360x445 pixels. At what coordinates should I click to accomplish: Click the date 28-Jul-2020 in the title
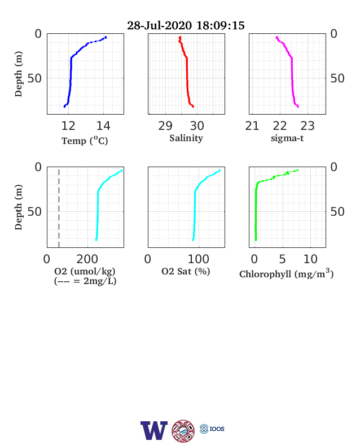(159, 25)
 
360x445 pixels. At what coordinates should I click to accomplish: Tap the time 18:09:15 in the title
(220, 25)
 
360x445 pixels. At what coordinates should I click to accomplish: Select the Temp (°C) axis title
(85, 141)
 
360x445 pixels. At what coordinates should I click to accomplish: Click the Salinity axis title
(186, 138)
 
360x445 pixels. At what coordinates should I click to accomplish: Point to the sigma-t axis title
(287, 138)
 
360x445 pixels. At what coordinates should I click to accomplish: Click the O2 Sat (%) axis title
(186, 271)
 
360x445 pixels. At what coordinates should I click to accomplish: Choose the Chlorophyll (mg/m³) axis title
(286, 273)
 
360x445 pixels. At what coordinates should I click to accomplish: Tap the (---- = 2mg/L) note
(85, 281)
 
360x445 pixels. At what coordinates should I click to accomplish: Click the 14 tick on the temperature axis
(103, 126)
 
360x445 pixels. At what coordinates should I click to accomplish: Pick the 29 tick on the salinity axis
(165, 126)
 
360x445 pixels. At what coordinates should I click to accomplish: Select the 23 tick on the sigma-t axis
(308, 126)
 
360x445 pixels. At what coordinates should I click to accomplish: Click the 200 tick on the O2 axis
(87, 259)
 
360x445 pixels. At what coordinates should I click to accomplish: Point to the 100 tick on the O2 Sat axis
(199, 259)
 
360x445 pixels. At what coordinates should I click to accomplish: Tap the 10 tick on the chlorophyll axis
(310, 259)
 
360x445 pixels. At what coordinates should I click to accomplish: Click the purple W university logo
(154, 430)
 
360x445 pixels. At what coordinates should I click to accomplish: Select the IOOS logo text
(217, 429)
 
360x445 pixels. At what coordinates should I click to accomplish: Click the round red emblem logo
(183, 431)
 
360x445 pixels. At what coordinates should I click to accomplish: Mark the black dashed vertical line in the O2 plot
(59, 208)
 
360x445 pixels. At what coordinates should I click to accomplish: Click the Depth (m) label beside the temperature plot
(19, 74)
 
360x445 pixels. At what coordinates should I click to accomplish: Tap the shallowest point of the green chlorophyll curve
(297, 171)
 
